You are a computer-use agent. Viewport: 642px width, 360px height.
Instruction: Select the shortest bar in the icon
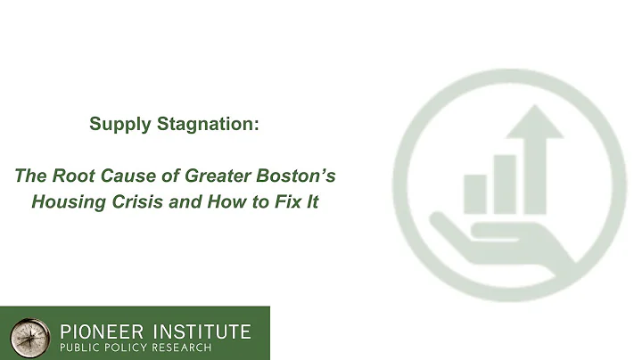coord(475,193)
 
